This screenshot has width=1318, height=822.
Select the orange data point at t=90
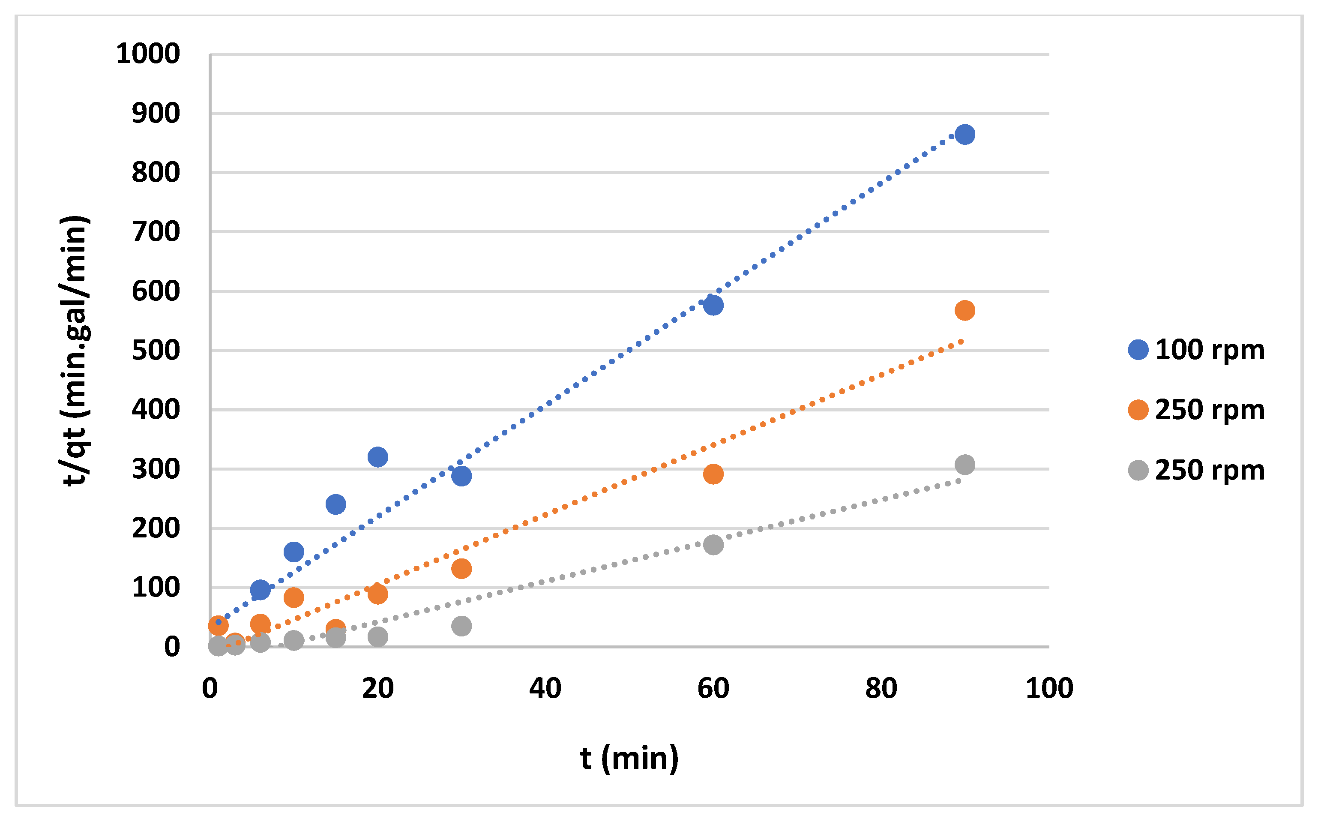(x=964, y=310)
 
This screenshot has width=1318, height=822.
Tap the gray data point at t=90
(x=964, y=464)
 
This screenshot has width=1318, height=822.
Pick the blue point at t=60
(x=713, y=305)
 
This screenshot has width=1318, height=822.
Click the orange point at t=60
(x=713, y=474)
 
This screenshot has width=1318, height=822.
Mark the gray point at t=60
(x=713, y=545)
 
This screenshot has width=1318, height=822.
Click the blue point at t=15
(x=336, y=504)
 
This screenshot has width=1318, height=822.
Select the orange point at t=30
(x=461, y=569)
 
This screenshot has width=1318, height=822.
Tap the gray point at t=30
(x=461, y=626)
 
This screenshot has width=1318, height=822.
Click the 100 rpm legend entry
(x=1196, y=350)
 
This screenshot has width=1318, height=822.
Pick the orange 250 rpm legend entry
(x=1196, y=410)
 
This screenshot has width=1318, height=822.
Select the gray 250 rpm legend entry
(x=1196, y=470)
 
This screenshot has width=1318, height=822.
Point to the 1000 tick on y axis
(x=148, y=54)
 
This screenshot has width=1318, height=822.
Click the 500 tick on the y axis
(x=156, y=351)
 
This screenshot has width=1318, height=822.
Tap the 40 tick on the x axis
(x=545, y=688)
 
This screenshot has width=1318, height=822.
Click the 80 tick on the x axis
(x=881, y=688)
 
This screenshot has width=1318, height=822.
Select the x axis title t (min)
(x=629, y=759)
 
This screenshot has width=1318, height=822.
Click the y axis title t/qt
(x=75, y=351)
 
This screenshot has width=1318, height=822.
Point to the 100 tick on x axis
(x=1049, y=688)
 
